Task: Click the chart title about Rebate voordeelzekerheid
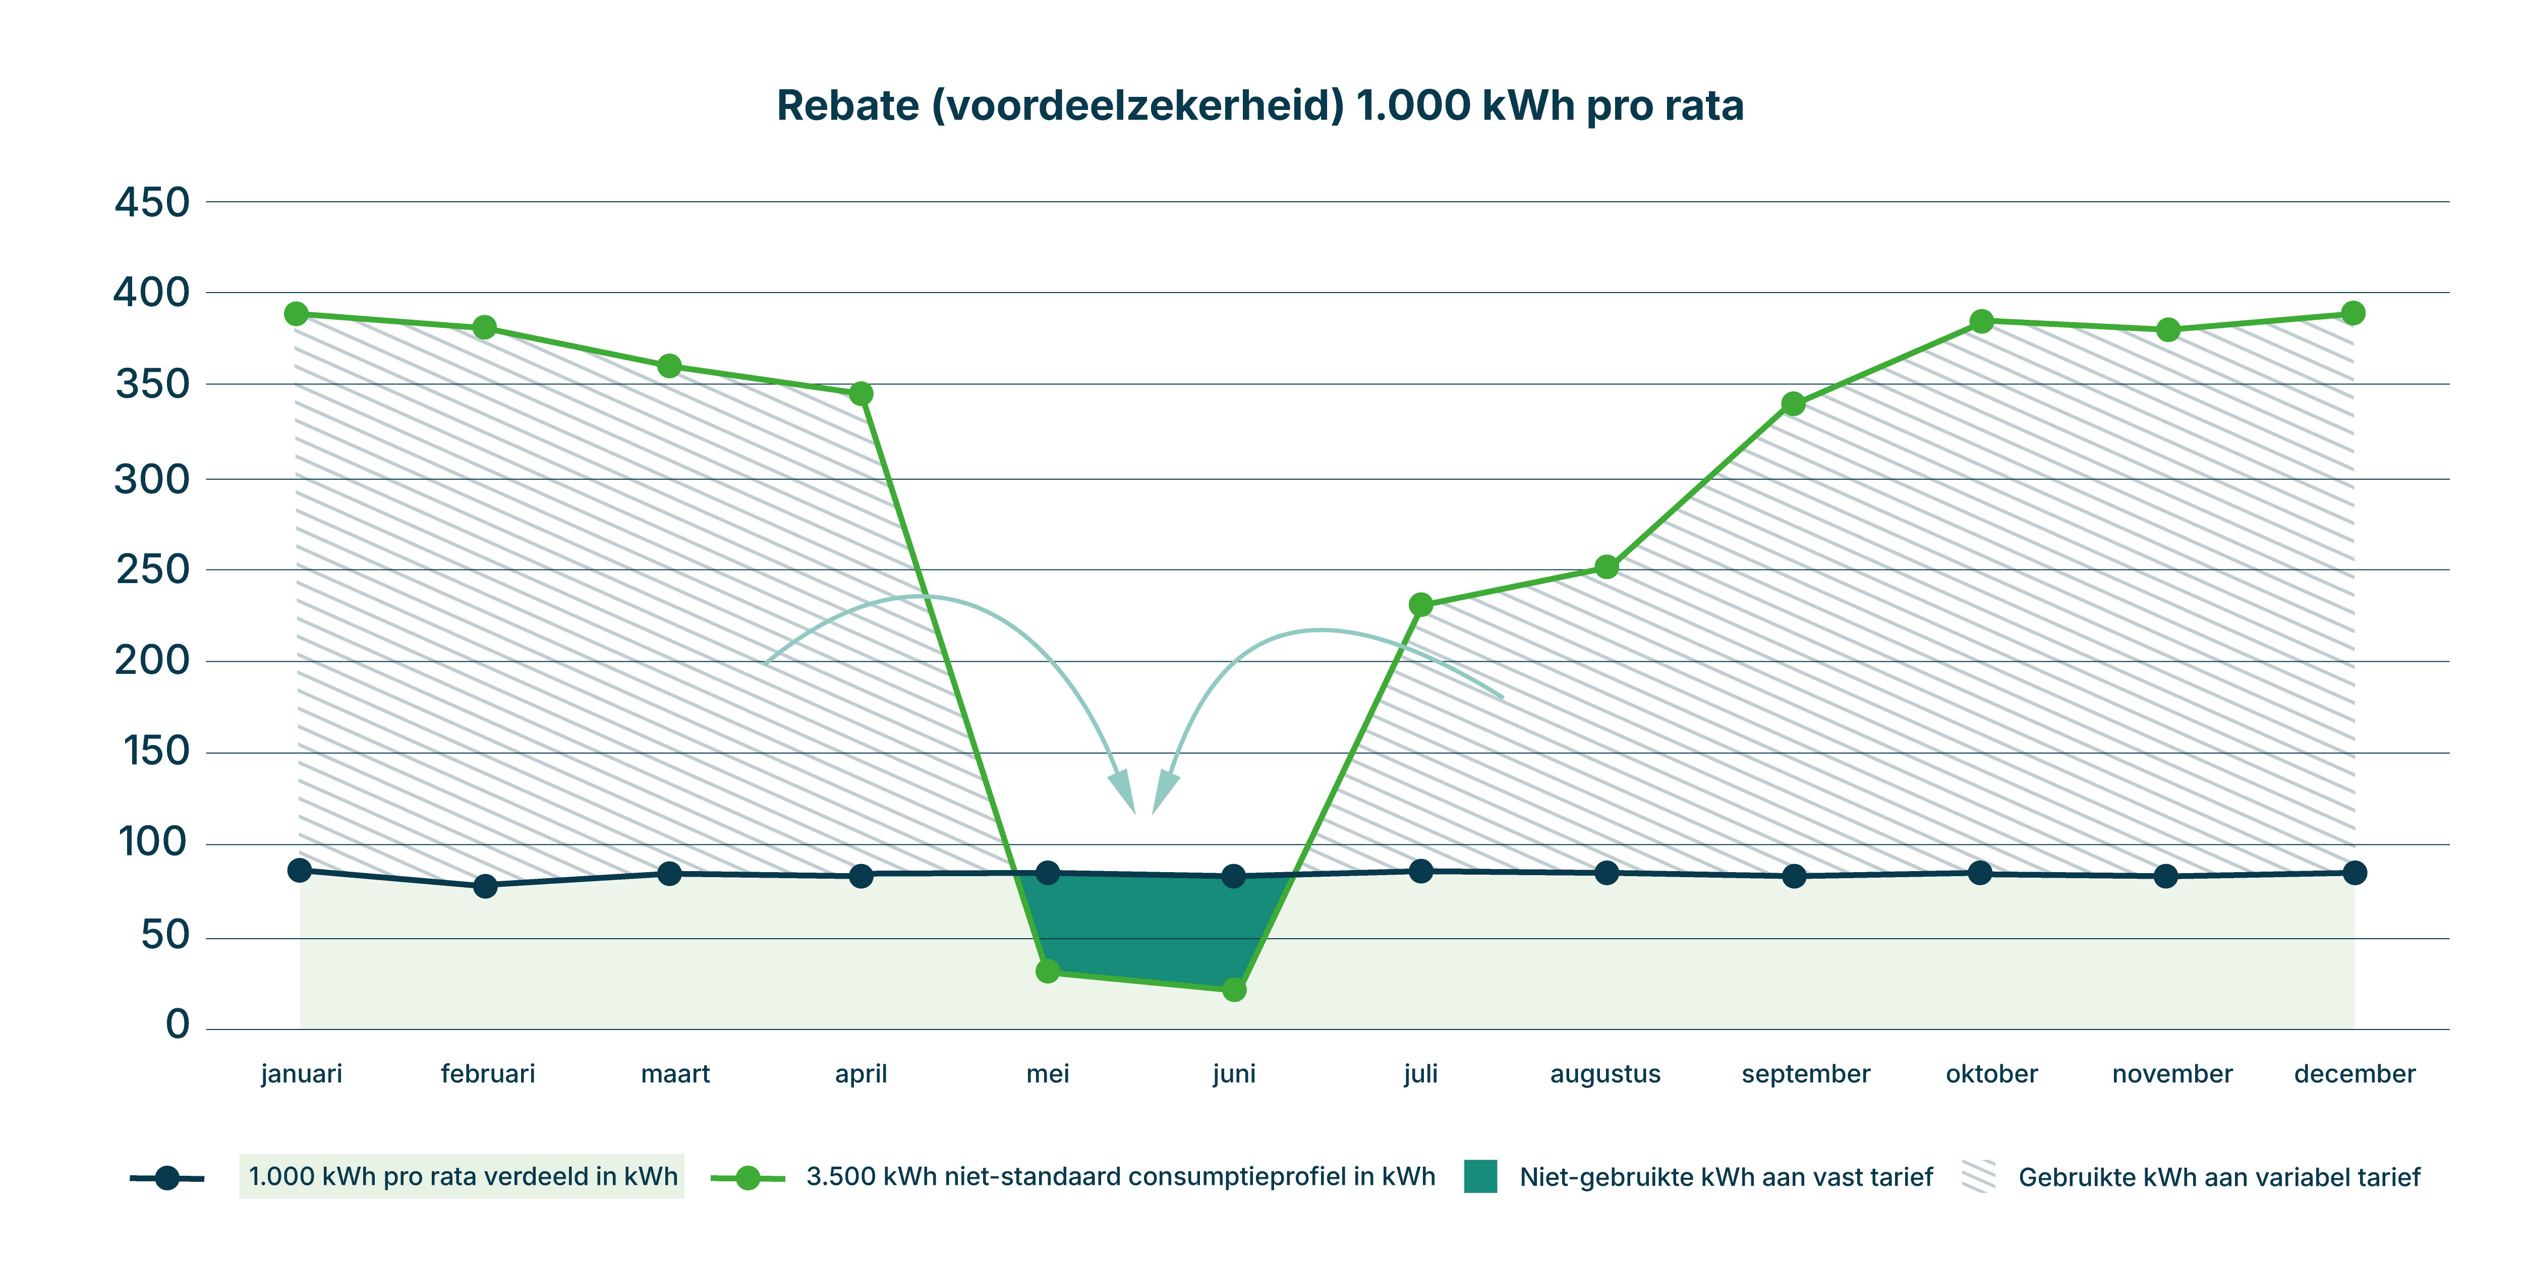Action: click(x=1260, y=106)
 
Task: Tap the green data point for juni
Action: click(x=1235, y=990)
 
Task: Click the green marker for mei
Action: click(x=1048, y=971)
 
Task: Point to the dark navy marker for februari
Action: click(x=485, y=886)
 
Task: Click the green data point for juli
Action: click(x=1420, y=605)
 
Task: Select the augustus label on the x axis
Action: click(x=1606, y=1074)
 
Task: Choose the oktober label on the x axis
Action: click(x=1991, y=1074)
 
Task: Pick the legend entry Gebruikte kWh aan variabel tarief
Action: click(x=2218, y=1177)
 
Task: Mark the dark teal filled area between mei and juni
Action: click(x=1145, y=925)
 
